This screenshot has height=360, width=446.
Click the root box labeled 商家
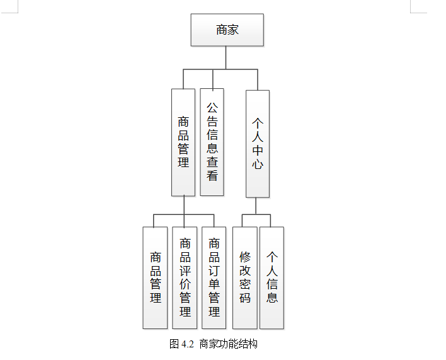(227, 30)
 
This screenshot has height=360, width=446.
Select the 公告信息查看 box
(212, 142)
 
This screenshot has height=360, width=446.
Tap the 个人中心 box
(257, 143)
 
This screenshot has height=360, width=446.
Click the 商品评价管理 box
(185, 277)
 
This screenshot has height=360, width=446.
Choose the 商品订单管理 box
(214, 277)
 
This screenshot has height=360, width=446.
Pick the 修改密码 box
(245, 277)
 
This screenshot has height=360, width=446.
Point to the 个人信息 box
(272, 277)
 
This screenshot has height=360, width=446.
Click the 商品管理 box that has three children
(183, 142)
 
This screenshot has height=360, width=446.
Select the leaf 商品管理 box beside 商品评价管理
(155, 277)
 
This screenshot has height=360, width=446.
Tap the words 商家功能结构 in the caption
(229, 344)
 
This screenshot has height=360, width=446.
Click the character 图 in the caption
(174, 344)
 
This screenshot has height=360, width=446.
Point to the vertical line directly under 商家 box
(227, 57)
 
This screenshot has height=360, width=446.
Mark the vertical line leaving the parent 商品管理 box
(183, 205)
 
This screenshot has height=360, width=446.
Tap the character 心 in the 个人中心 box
(257, 165)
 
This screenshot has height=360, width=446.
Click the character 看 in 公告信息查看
(212, 176)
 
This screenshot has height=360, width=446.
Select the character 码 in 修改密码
(245, 298)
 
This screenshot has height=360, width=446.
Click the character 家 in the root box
(233, 30)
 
